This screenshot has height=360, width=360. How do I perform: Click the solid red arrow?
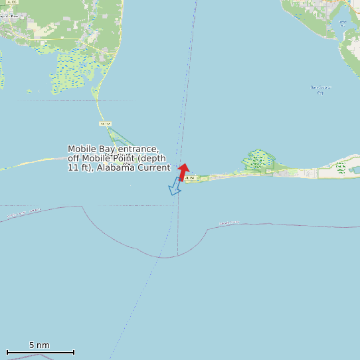[184, 171]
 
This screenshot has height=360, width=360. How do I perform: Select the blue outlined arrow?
[175, 187]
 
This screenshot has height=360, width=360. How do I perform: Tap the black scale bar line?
[40, 352]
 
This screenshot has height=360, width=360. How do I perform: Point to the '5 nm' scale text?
[39, 345]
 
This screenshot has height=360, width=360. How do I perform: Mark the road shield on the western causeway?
[104, 124]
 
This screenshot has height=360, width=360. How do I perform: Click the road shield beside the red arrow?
[190, 178]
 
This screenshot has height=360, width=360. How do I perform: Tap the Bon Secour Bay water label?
[321, 89]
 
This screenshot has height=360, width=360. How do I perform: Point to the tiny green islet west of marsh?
[29, 91]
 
